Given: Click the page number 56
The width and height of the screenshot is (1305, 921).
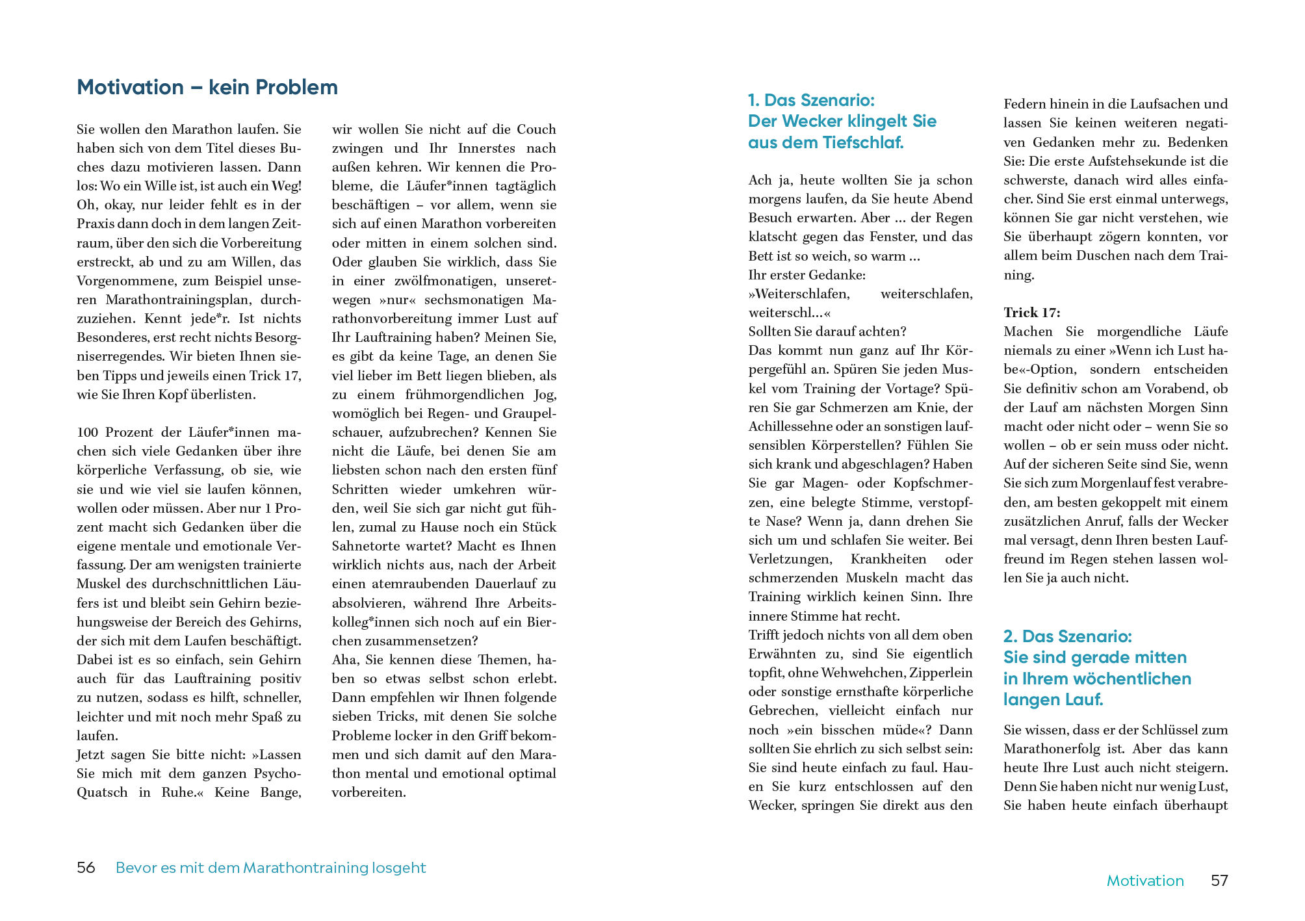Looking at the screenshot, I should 86,868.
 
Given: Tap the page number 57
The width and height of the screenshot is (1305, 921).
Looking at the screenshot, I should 1219,881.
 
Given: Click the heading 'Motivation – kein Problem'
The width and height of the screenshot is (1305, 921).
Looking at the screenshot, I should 207,87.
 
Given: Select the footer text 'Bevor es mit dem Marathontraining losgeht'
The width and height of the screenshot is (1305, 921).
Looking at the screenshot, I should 270,868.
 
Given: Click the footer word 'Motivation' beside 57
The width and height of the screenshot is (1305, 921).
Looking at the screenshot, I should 1145,881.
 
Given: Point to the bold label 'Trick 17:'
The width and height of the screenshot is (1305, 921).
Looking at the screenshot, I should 1031,313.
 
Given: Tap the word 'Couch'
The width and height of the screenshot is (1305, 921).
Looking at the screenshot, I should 536,129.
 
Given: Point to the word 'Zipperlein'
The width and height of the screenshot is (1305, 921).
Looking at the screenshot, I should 940,673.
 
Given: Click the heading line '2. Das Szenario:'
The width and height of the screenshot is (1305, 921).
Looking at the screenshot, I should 1067,636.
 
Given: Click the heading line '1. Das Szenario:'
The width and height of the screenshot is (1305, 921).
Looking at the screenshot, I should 811,100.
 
